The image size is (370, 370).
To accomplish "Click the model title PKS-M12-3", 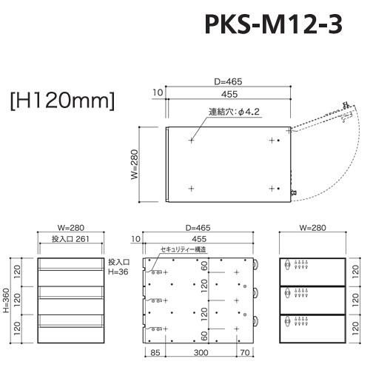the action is (x=274, y=24).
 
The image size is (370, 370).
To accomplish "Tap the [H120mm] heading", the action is (x=62, y=101).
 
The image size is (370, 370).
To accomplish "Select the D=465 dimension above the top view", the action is (x=228, y=81).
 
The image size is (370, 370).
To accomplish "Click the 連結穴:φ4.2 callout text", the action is (x=234, y=112).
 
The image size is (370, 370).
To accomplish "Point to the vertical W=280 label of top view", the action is (x=135, y=164).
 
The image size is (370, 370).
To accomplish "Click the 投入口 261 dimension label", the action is (x=70, y=239).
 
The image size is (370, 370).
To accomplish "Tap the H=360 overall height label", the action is (x=7, y=300).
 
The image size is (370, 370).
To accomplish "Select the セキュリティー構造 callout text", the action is (x=183, y=249).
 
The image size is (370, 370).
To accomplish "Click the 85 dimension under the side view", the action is (x=155, y=353).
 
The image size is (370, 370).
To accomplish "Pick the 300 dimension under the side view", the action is (x=201, y=353).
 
